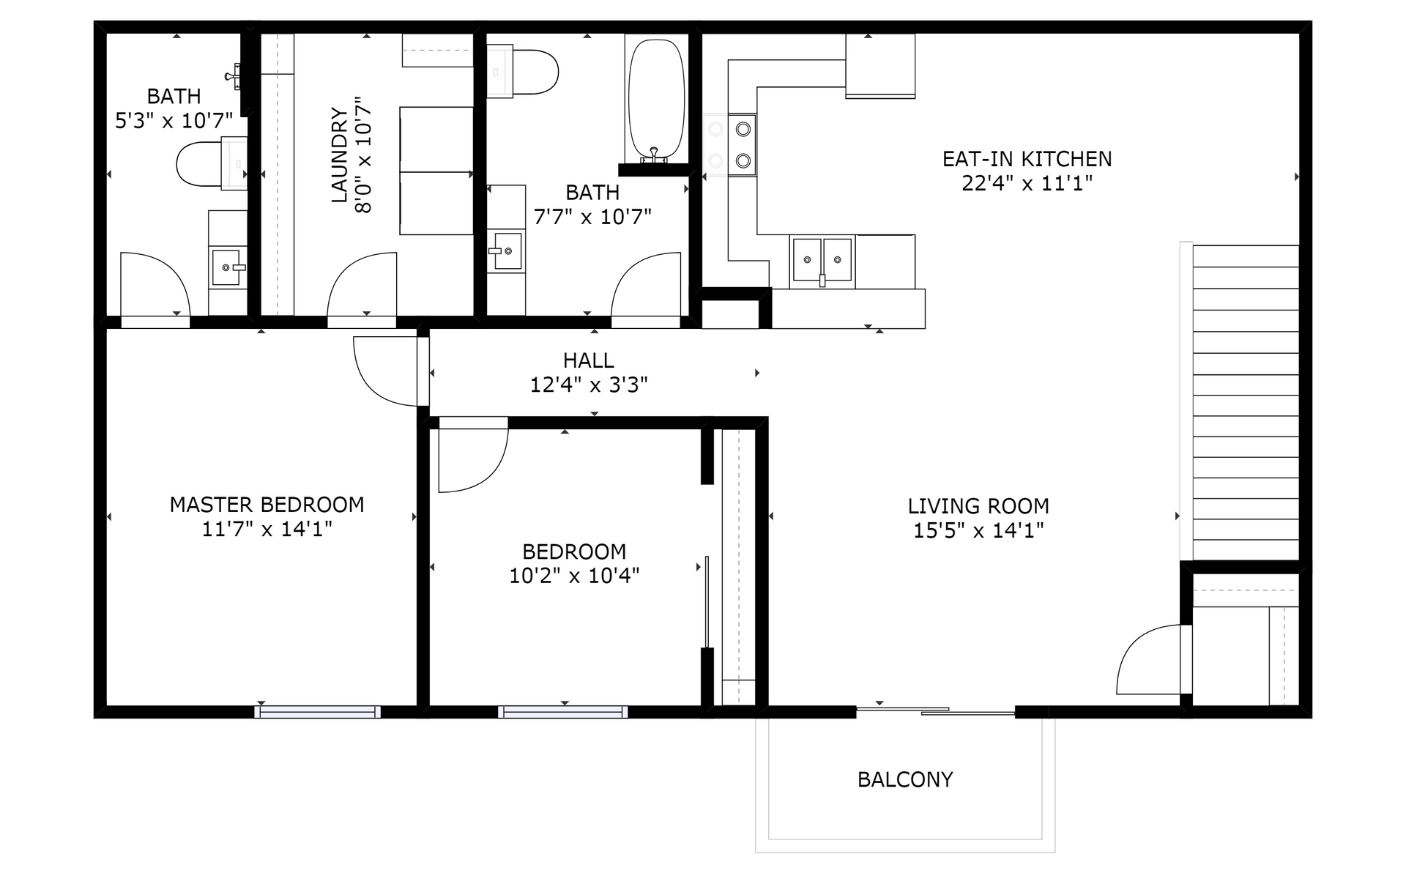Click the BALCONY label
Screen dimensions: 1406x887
pyautogui.click(x=905, y=779)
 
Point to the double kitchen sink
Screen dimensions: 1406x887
pyautogui.click(x=822, y=261)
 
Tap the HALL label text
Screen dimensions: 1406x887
pyautogui.click(x=589, y=360)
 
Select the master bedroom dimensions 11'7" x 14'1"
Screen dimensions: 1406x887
pyautogui.click(x=267, y=529)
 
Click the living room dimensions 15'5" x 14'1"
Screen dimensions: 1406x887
pyautogui.click(x=978, y=530)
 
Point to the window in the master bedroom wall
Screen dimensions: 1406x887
pyautogui.click(x=318, y=711)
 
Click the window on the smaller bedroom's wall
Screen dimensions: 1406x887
pyautogui.click(x=562, y=711)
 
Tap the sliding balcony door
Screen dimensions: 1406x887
pyautogui.click(x=935, y=710)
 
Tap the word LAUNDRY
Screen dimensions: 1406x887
pyautogui.click(x=339, y=155)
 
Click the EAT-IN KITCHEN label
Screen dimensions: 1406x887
pyautogui.click(x=1027, y=159)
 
